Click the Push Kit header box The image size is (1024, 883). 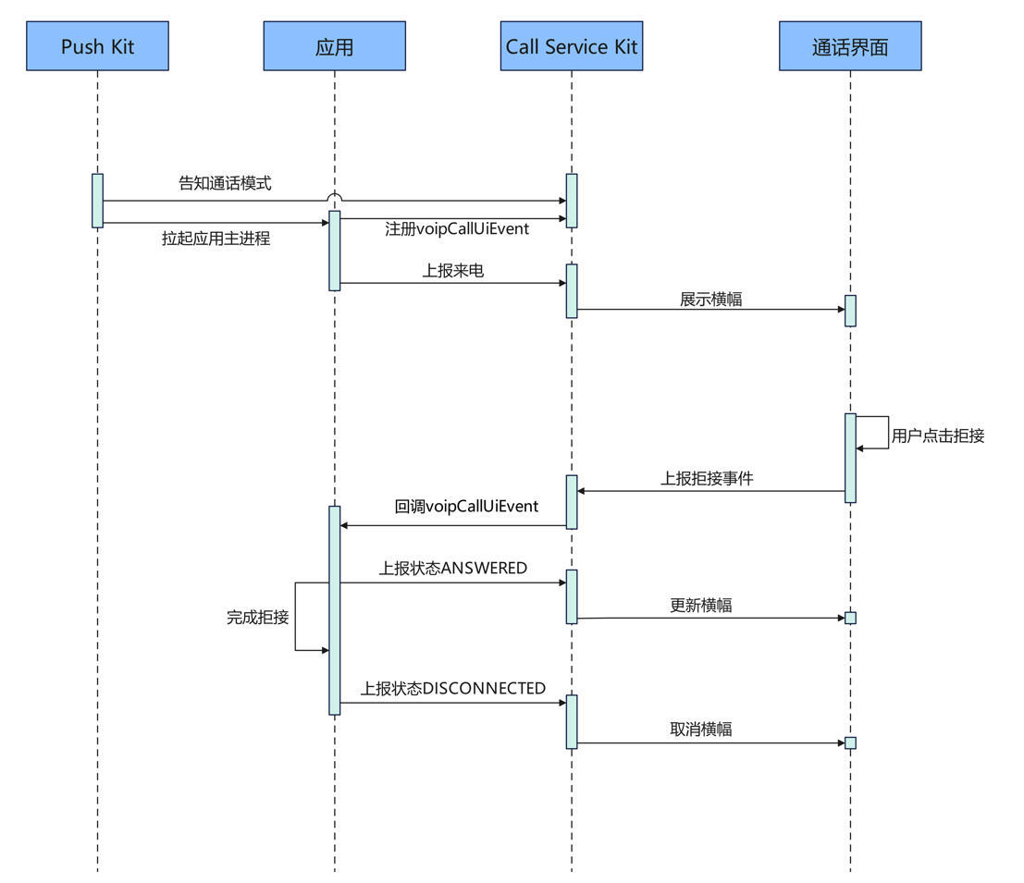click(97, 46)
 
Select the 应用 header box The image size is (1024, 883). click(334, 46)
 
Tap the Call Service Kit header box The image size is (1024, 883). click(572, 46)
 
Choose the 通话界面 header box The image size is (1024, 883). click(850, 46)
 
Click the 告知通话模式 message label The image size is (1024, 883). click(225, 183)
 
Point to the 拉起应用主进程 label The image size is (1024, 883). click(216, 239)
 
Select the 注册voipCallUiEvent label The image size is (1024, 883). click(457, 228)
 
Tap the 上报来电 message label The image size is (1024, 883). click(453, 271)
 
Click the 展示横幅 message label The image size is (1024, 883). click(710, 299)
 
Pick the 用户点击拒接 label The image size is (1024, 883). click(938, 435)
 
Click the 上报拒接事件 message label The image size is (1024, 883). click(707, 479)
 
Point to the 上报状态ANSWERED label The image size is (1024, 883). click(452, 568)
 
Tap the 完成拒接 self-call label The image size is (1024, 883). click(257, 617)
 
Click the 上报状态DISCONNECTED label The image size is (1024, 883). click(452, 689)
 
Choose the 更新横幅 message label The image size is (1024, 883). click(701, 606)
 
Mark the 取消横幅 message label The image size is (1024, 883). click(701, 730)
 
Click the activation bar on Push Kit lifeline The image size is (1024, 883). click(97, 200)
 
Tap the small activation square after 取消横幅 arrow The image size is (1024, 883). click(850, 742)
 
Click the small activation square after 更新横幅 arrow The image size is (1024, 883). click(850, 618)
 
